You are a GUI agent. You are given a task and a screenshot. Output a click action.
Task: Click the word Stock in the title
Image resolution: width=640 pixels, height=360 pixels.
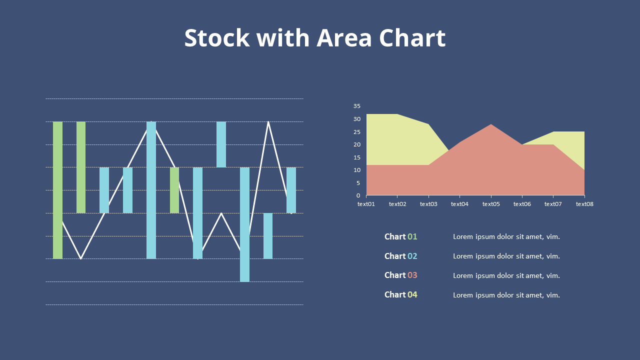pos(217,37)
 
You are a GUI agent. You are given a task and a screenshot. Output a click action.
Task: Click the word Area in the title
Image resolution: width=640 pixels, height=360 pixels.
pos(344,37)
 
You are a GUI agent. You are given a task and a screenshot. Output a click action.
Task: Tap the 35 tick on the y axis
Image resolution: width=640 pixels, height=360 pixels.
pos(357,106)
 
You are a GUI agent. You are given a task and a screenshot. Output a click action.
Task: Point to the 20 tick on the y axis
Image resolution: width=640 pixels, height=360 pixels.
pos(357,144)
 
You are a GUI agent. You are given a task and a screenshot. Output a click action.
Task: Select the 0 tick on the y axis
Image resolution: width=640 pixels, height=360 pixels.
pos(358,195)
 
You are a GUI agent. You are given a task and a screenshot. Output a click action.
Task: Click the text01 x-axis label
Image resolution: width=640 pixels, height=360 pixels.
pos(366,204)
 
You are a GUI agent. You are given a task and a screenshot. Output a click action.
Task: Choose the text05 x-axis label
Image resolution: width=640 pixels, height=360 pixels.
pos(491,204)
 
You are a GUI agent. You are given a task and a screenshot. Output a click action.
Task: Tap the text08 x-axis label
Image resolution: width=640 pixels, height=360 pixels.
pos(584,204)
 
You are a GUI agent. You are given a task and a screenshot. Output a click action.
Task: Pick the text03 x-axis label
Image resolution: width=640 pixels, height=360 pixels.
pos(428,204)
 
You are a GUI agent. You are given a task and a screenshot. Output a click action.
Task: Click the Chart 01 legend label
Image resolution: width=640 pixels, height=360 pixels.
pos(401,236)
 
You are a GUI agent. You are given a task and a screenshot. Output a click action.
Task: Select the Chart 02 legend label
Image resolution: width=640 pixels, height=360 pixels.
pos(401,256)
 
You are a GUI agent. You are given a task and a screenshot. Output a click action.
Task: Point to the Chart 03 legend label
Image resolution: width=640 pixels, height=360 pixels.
pos(401,275)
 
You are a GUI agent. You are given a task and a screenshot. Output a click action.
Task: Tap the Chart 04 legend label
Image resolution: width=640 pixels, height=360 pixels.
pos(401,294)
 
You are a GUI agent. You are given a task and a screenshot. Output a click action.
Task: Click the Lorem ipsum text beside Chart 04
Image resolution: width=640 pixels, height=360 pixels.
pos(506,295)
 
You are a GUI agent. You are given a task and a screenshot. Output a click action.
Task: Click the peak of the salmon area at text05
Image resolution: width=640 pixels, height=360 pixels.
pos(491,124)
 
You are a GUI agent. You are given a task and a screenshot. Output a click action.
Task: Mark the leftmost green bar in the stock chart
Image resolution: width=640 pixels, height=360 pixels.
pos(57,190)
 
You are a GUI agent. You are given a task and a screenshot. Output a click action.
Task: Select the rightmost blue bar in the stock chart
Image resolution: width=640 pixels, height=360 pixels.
pos(291,190)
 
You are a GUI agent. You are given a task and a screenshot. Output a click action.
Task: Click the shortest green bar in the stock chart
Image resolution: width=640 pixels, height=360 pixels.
pos(174,190)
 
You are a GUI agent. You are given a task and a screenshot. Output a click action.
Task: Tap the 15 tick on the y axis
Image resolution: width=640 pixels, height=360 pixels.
pos(357,157)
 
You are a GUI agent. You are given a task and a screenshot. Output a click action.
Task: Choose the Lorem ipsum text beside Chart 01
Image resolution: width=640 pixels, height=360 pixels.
pos(506,237)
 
